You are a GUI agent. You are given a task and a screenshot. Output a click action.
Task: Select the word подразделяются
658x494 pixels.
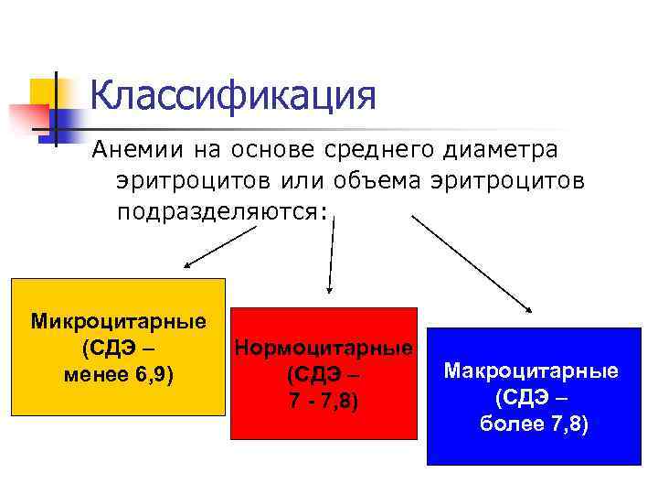(x=219, y=211)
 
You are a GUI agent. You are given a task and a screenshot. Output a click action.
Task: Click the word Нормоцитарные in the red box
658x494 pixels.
(x=324, y=348)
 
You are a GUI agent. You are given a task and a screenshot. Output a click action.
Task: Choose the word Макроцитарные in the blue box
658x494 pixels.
(x=530, y=371)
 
